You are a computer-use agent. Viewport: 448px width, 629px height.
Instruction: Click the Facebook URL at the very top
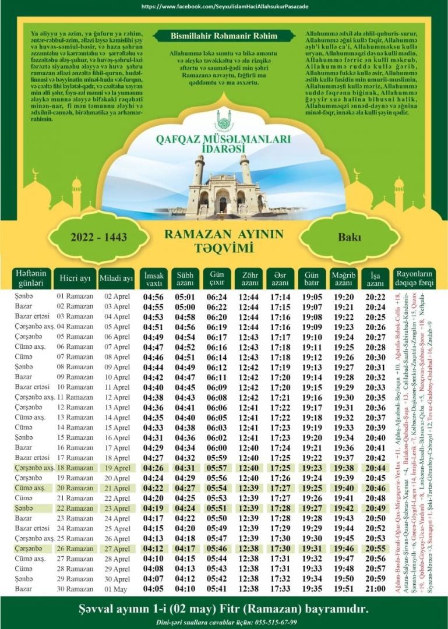pyautogui.click(x=225, y=6)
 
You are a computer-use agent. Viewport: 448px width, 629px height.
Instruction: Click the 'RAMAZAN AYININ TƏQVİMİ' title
pyautogui.click(x=224, y=241)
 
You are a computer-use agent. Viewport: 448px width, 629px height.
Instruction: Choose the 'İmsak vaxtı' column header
pyautogui.click(x=154, y=278)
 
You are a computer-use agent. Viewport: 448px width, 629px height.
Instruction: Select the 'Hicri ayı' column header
pyautogui.click(x=75, y=278)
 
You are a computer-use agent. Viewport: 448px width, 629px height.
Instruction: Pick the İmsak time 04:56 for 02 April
pyautogui.click(x=153, y=296)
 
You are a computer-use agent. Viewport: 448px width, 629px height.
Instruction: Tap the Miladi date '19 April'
pyautogui.click(x=117, y=468)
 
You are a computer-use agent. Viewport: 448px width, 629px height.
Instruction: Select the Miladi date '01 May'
pyautogui.click(x=117, y=589)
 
